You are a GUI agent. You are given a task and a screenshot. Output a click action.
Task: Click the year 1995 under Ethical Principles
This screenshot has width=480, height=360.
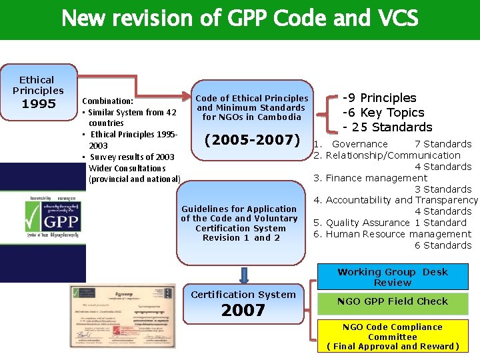point(38,104)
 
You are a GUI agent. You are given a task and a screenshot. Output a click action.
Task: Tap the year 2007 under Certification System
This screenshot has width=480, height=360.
point(243,310)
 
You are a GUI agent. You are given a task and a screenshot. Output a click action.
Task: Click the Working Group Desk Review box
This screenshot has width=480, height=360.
point(393,277)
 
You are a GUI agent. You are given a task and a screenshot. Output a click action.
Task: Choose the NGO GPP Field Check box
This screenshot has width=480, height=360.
point(393,301)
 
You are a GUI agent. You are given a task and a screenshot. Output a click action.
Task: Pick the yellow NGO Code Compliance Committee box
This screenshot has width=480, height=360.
point(393,337)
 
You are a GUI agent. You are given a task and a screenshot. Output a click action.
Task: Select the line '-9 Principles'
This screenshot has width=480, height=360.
point(379,98)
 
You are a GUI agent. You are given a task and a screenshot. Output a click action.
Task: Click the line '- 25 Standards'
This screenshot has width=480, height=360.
point(387,127)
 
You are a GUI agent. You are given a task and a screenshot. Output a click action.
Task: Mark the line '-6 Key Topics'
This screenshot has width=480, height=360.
point(383,113)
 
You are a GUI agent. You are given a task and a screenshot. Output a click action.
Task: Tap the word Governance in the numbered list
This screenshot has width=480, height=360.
point(359,144)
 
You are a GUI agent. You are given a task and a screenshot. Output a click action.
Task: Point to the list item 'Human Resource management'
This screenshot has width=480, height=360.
point(398,234)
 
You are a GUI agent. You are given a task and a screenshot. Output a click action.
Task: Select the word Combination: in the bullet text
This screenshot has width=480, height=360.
point(107,101)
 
